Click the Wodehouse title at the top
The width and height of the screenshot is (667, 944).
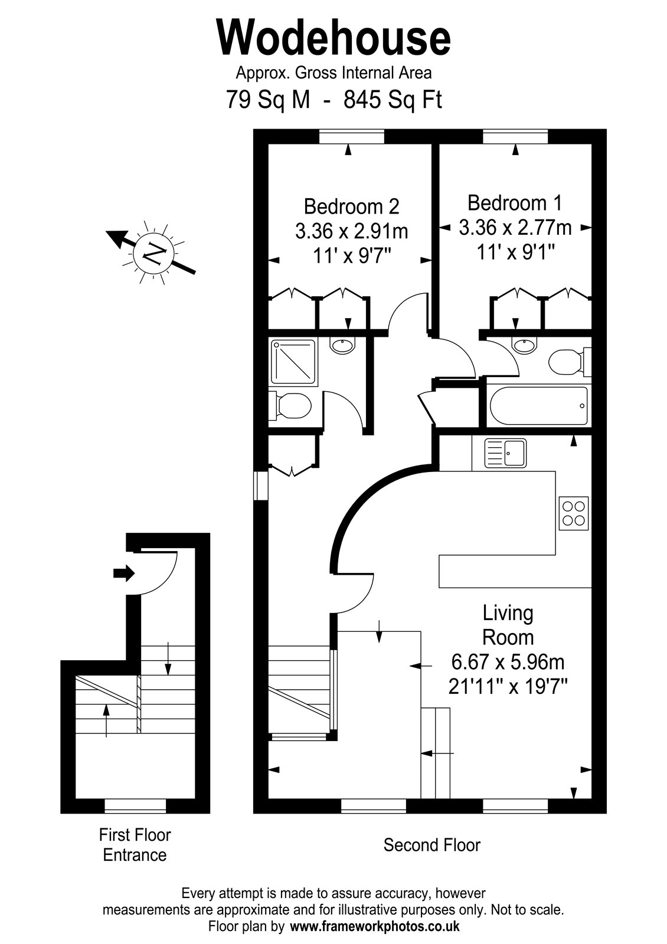333,38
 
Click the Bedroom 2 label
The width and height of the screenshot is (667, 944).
351,206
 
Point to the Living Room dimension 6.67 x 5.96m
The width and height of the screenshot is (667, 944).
508,662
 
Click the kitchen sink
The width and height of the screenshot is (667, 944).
505,453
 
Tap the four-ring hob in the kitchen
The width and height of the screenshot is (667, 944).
573,513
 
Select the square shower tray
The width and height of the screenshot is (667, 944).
293,363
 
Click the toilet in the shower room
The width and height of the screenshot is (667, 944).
290,406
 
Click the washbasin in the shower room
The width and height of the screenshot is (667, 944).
344,346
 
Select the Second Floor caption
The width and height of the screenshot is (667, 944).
431,845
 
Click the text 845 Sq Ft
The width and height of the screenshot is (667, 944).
393,100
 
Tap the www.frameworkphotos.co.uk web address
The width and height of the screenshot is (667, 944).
375,926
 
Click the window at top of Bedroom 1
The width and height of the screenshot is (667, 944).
515,137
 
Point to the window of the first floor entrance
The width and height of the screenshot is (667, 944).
135,805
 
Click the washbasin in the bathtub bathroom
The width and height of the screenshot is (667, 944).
525,346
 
